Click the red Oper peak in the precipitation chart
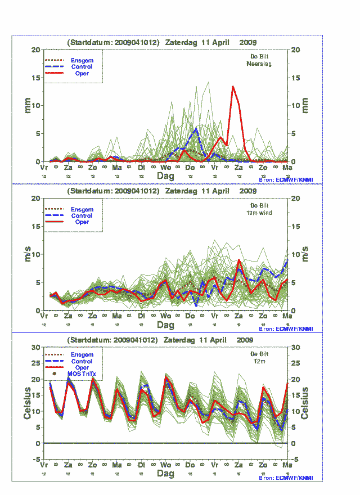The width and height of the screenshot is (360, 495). [x=233, y=87]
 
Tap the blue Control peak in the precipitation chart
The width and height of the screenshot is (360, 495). [x=196, y=129]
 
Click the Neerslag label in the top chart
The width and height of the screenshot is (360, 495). [x=259, y=64]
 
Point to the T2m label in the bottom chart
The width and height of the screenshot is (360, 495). [x=260, y=362]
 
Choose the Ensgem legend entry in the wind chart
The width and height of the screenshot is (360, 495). [x=82, y=209]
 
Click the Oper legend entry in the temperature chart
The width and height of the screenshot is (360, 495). [x=82, y=367]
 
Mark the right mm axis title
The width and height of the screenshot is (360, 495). [x=305, y=105]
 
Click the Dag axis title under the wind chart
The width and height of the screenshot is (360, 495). [x=165, y=325]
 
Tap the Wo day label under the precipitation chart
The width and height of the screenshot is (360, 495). [x=166, y=168]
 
